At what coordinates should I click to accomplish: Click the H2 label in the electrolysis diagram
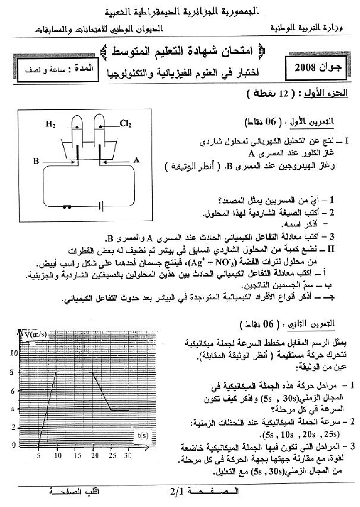pyautogui.click(x=51, y=124)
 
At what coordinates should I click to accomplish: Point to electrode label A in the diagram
pyautogui.click(x=137, y=161)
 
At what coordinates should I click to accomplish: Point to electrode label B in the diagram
pyautogui.click(x=36, y=161)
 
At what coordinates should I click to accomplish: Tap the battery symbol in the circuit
pyautogui.click(x=101, y=205)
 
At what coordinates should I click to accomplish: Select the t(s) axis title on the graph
pyautogui.click(x=142, y=435)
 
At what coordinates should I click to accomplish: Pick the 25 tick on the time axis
pyautogui.click(x=112, y=456)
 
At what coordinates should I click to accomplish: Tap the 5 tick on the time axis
pyautogui.click(x=39, y=456)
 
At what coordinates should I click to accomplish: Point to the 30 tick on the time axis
pyautogui.click(x=128, y=456)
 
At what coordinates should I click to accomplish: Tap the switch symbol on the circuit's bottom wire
pyautogui.click(x=67, y=205)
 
